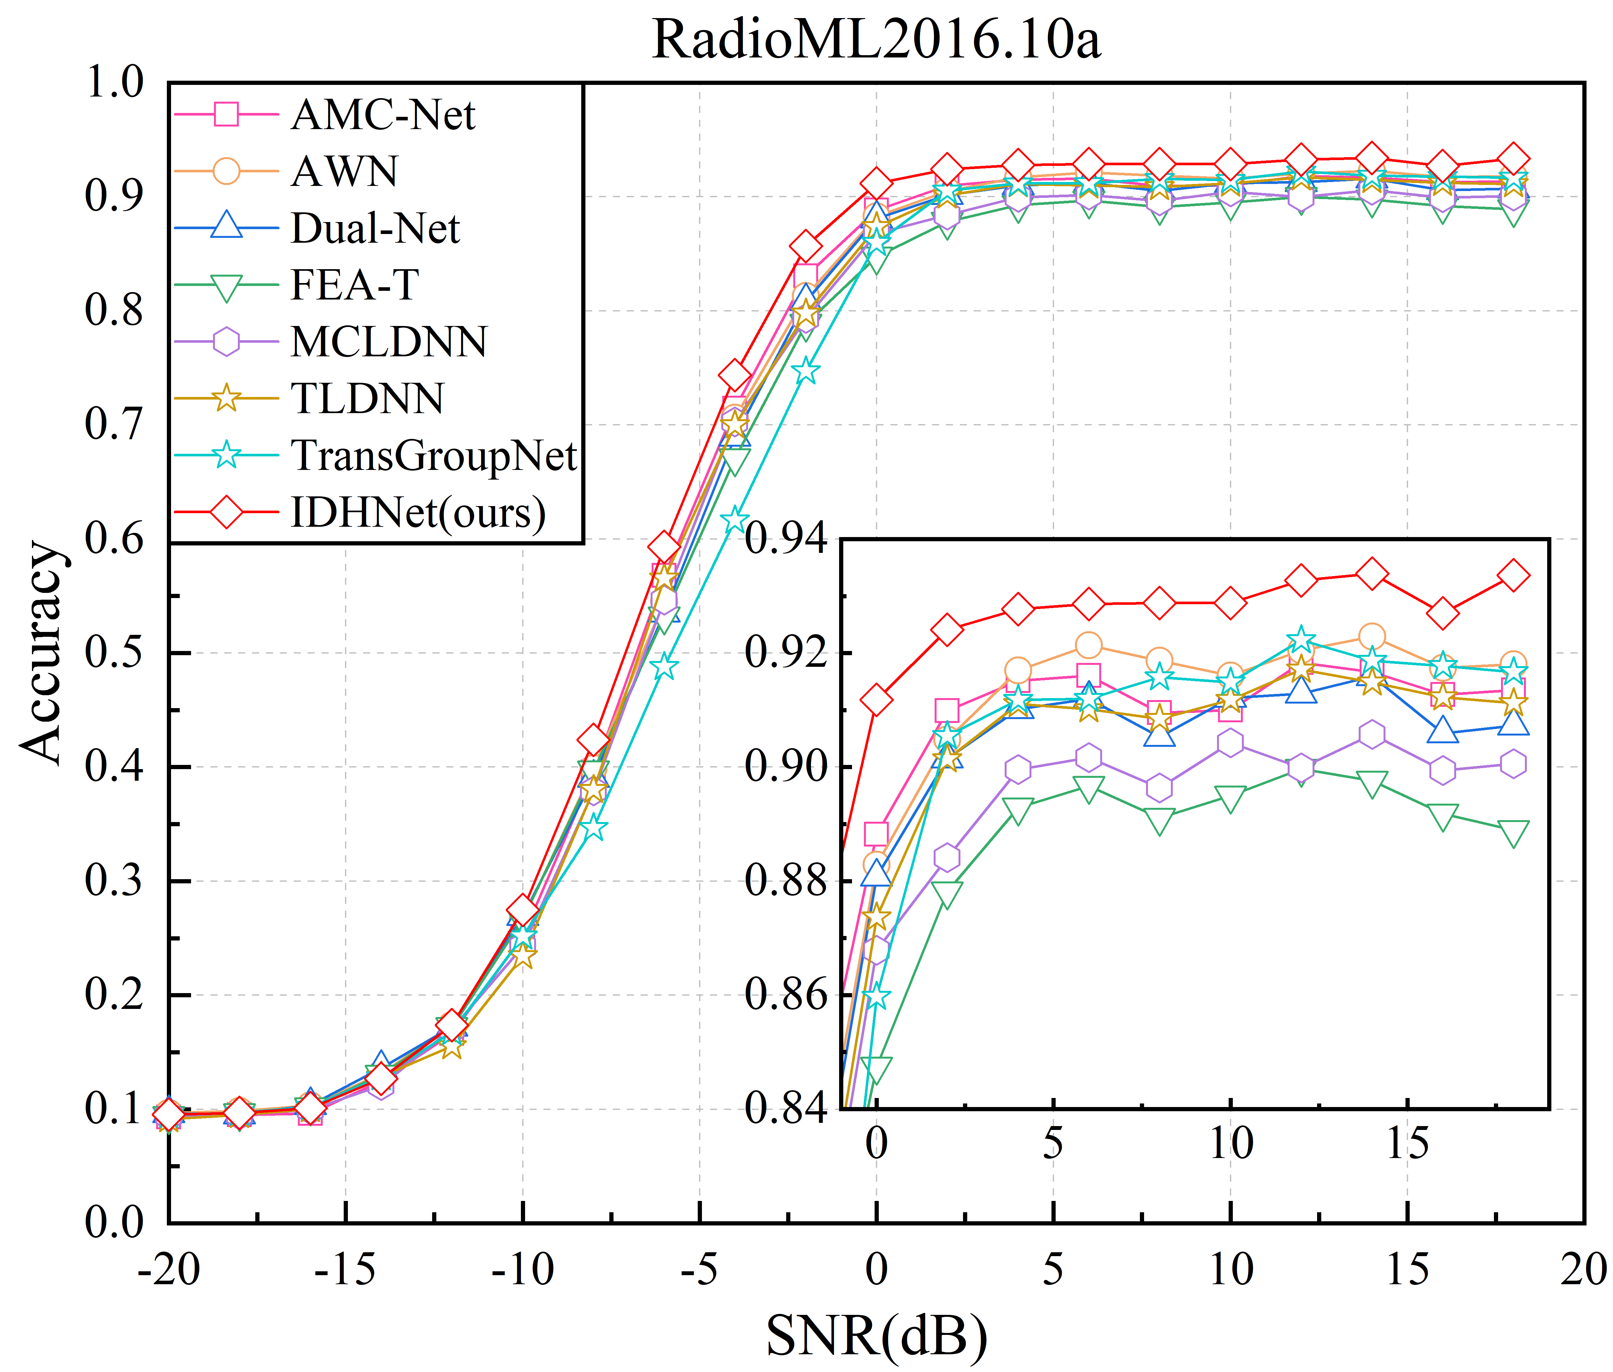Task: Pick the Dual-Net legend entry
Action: [375, 229]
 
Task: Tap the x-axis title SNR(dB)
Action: [877, 1336]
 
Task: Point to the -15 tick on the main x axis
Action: [345, 1269]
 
